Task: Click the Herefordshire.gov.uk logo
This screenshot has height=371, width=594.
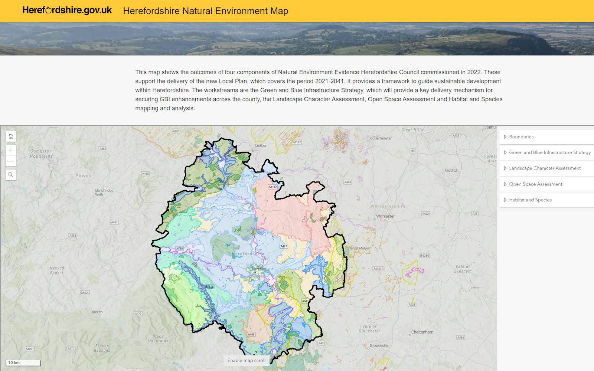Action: [67, 10]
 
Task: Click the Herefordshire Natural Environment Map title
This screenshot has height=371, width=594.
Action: [206, 11]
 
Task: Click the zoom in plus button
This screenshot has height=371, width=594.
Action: [11, 150]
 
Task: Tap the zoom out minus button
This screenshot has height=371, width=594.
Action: [11, 161]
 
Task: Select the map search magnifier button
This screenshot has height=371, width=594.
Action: [11, 175]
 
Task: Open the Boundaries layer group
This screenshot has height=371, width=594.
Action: [521, 137]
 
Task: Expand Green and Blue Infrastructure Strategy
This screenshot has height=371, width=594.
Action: [549, 152]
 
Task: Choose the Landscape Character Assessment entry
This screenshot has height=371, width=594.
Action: [545, 168]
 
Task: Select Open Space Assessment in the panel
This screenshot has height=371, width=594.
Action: [535, 184]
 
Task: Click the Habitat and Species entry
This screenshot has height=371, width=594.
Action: [530, 200]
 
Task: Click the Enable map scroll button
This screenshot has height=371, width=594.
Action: [247, 360]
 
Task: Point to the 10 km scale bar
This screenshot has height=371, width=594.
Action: [23, 363]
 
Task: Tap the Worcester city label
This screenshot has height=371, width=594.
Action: [385, 216]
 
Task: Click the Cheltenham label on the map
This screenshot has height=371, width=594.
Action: [422, 332]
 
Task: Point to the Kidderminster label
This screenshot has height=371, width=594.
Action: [381, 138]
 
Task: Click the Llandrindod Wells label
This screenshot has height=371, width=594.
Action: [104, 192]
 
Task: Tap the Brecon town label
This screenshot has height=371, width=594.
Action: [97, 312]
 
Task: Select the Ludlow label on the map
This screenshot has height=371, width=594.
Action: [261, 145]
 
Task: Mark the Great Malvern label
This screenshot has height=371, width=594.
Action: [360, 248]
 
